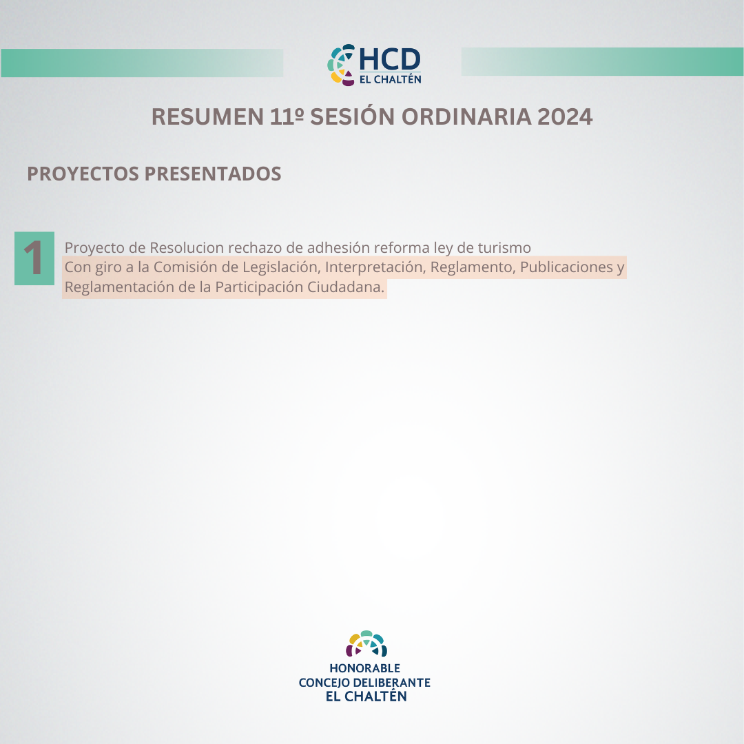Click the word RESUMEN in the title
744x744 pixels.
(207, 116)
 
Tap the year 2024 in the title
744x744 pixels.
(565, 116)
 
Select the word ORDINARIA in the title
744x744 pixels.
(466, 116)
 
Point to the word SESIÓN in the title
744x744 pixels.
(352, 116)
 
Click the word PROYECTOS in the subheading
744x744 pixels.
(83, 174)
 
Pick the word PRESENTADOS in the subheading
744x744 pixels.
(213, 174)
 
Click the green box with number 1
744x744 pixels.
(34, 258)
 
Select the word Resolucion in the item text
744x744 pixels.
(187, 248)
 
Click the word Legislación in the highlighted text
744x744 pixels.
(282, 267)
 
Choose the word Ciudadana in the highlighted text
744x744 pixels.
(345, 287)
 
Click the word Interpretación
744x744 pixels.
(375, 267)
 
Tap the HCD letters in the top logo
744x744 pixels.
(389, 59)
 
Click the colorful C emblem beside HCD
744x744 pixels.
(341, 65)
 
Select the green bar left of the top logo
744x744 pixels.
(143, 63)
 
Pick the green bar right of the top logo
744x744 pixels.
(602, 62)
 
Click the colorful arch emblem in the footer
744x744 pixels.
(366, 644)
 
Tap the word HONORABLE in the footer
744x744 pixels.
(365, 668)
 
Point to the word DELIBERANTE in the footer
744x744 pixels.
(392, 682)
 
